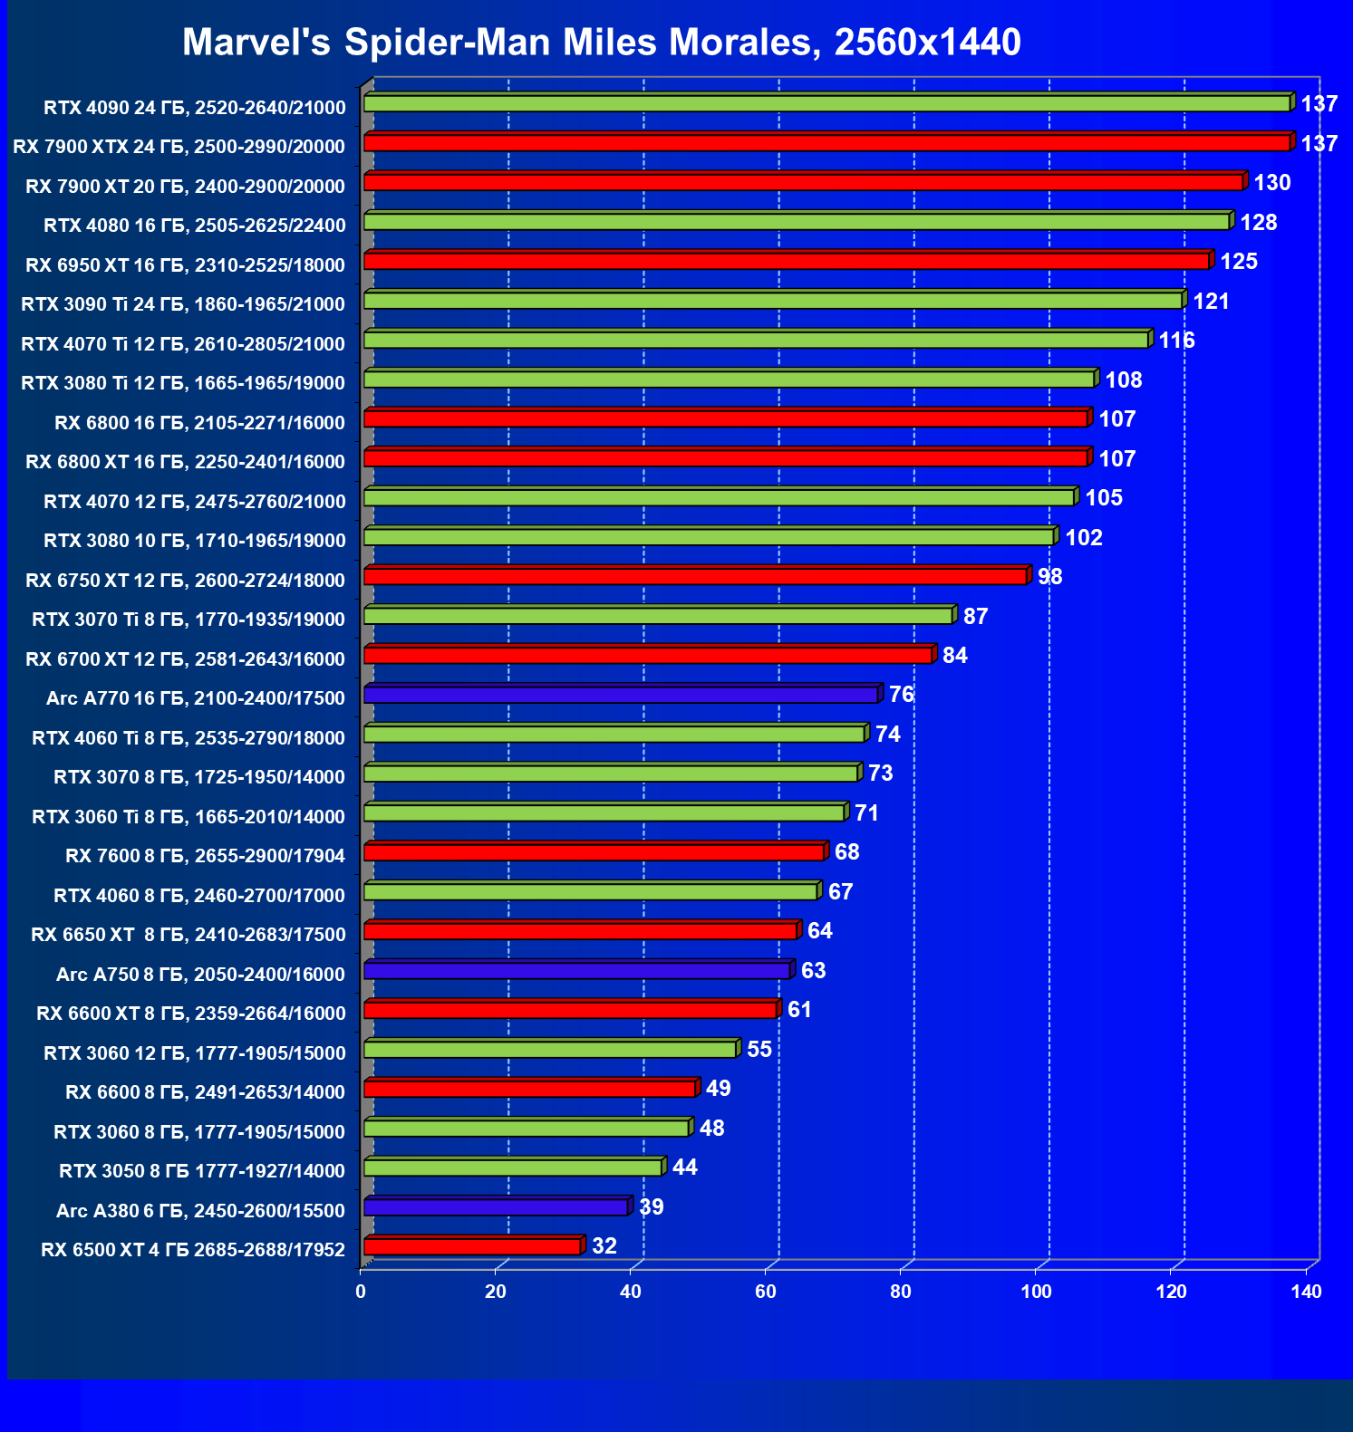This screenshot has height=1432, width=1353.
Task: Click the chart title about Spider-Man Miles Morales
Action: click(x=601, y=43)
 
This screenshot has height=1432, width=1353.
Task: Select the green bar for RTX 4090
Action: click(x=826, y=104)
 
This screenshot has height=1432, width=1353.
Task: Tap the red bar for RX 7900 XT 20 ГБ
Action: click(x=803, y=183)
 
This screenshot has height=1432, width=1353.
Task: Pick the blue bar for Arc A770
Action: click(x=621, y=695)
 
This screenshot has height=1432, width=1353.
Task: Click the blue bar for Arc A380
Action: click(x=496, y=1207)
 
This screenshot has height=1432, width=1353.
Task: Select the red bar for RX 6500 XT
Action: click(x=472, y=1247)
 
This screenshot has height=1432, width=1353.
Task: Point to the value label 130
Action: click(x=1271, y=183)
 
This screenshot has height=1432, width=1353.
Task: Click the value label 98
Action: click(x=1049, y=577)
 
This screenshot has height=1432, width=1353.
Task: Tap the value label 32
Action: click(x=604, y=1246)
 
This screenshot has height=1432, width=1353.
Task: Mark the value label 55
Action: click(x=759, y=1050)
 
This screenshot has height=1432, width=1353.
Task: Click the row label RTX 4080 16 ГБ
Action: click(x=195, y=226)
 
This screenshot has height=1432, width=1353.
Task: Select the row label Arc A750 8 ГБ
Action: click(x=200, y=975)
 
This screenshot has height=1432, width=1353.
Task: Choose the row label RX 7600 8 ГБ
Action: click(x=205, y=856)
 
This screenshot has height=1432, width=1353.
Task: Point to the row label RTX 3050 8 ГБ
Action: click(x=202, y=1171)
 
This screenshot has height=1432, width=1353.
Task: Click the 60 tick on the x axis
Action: click(x=766, y=1292)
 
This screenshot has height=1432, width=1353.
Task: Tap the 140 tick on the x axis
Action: click(x=1306, y=1292)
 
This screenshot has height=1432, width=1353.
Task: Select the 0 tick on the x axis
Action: click(x=361, y=1292)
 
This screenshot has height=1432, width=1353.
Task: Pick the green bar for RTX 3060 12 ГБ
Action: click(x=550, y=1050)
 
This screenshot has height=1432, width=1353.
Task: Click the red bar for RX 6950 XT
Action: click(x=787, y=262)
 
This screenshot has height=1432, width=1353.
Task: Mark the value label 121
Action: click(x=1211, y=302)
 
